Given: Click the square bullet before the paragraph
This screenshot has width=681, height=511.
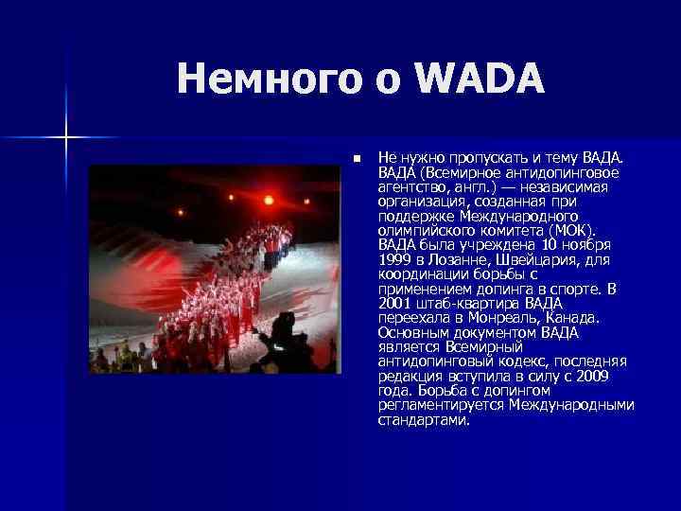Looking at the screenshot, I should click(356, 156).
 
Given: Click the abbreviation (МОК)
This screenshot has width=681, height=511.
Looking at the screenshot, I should click(575, 231).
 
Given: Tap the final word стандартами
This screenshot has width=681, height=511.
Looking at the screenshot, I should click(423, 420).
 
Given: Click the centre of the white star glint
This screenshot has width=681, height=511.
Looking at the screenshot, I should click(66, 138).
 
